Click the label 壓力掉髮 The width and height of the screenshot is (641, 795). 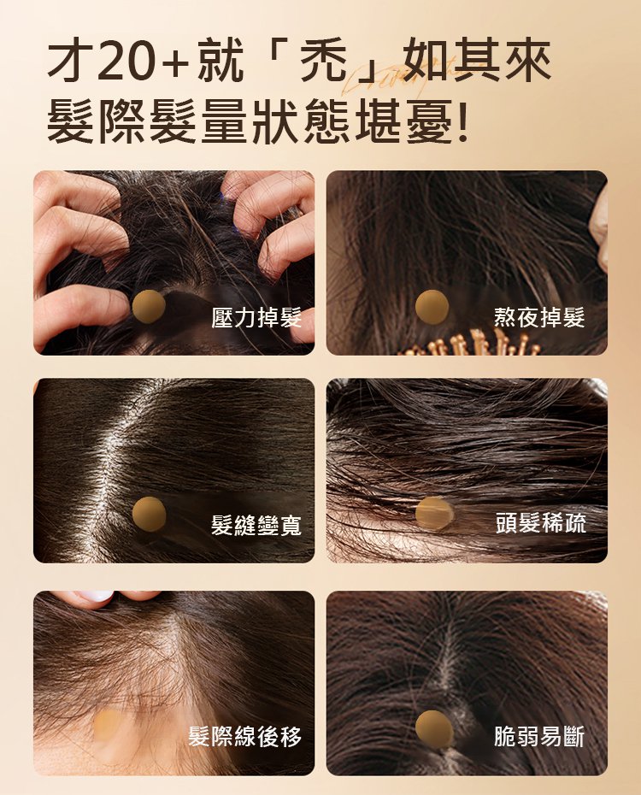point(256,318)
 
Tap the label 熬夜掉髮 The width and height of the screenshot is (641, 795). point(539,317)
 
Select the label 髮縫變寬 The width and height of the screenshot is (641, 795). point(256,525)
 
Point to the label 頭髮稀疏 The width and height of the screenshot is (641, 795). point(541,522)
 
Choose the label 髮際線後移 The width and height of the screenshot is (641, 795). point(245,736)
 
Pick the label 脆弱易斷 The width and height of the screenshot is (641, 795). point(539,736)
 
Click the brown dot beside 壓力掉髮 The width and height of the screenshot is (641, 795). point(149,307)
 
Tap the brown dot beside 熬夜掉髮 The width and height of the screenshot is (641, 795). point(432,307)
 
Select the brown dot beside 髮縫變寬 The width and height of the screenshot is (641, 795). point(149,514)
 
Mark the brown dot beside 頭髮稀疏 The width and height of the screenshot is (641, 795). point(434,513)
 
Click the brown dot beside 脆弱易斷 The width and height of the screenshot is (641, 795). point(434,728)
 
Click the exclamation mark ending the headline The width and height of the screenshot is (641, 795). point(462,122)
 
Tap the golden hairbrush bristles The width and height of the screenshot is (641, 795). point(471,344)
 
